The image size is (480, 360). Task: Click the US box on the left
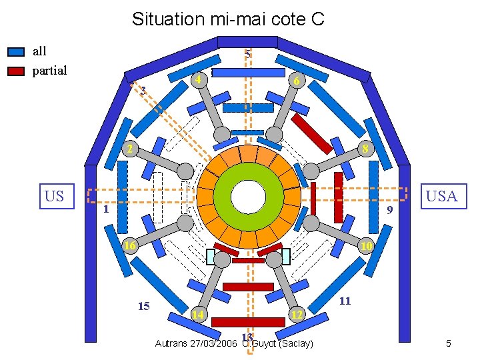57,196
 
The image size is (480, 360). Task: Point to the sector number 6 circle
298,81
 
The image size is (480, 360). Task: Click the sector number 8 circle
365,148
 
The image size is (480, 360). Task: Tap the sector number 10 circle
365,247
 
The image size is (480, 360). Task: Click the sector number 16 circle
130,246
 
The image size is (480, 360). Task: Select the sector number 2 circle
130,148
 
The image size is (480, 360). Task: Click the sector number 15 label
143,307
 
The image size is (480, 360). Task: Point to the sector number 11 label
345,301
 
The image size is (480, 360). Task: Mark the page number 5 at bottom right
449,344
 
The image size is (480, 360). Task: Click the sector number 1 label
105,209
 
